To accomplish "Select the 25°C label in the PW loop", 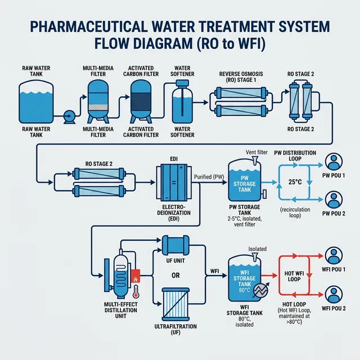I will pyautogui.click(x=296, y=182).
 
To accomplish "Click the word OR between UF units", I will pyautogui.click(x=175, y=275).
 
